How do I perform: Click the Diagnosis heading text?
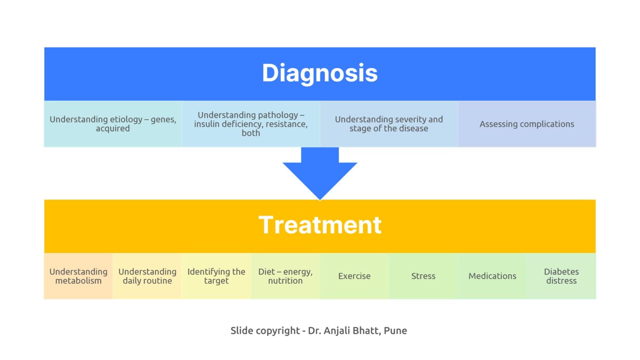coord(320,73)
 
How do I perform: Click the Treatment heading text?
coord(320,225)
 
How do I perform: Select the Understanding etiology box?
coord(113,124)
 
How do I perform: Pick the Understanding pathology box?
coord(251,124)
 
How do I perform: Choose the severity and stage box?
coord(389,124)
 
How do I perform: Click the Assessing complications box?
coord(527,124)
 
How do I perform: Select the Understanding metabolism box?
coord(78,276)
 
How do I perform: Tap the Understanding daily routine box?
coord(147,276)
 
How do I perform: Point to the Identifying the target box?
coord(216,276)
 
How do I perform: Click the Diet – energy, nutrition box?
coord(285,276)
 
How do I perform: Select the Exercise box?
coord(354,276)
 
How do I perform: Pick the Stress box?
coord(423,276)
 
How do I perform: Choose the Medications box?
coord(492,276)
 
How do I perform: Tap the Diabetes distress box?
coord(561,276)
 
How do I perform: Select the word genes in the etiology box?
coord(162,120)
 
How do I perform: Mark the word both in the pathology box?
coord(251,133)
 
